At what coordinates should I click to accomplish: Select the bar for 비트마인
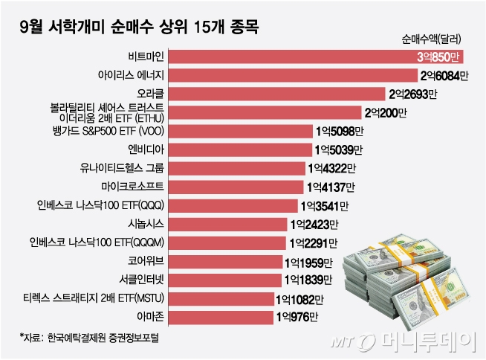click(x=290, y=56)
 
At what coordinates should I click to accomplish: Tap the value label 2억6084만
click(x=445, y=75)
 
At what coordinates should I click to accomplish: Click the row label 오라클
click(x=153, y=94)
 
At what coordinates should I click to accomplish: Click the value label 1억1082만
click(x=299, y=299)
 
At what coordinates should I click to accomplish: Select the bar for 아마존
click(x=223, y=318)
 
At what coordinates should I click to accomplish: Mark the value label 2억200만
click(x=385, y=112)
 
